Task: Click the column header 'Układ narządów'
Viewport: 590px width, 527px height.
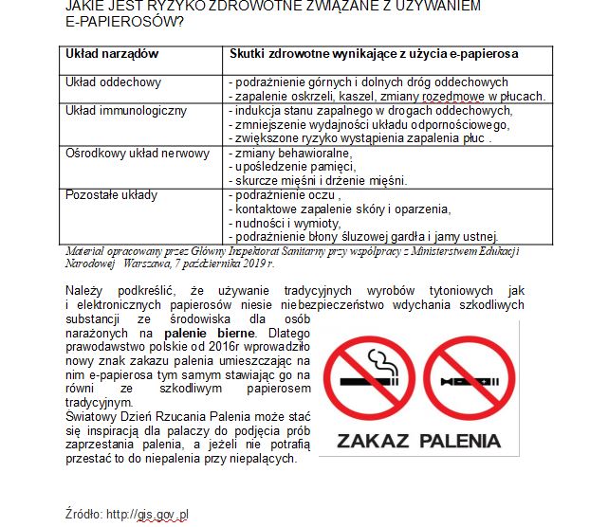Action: point(112,55)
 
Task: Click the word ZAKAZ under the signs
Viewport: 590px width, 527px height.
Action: point(371,441)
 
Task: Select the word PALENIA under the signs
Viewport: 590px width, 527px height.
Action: point(460,441)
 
